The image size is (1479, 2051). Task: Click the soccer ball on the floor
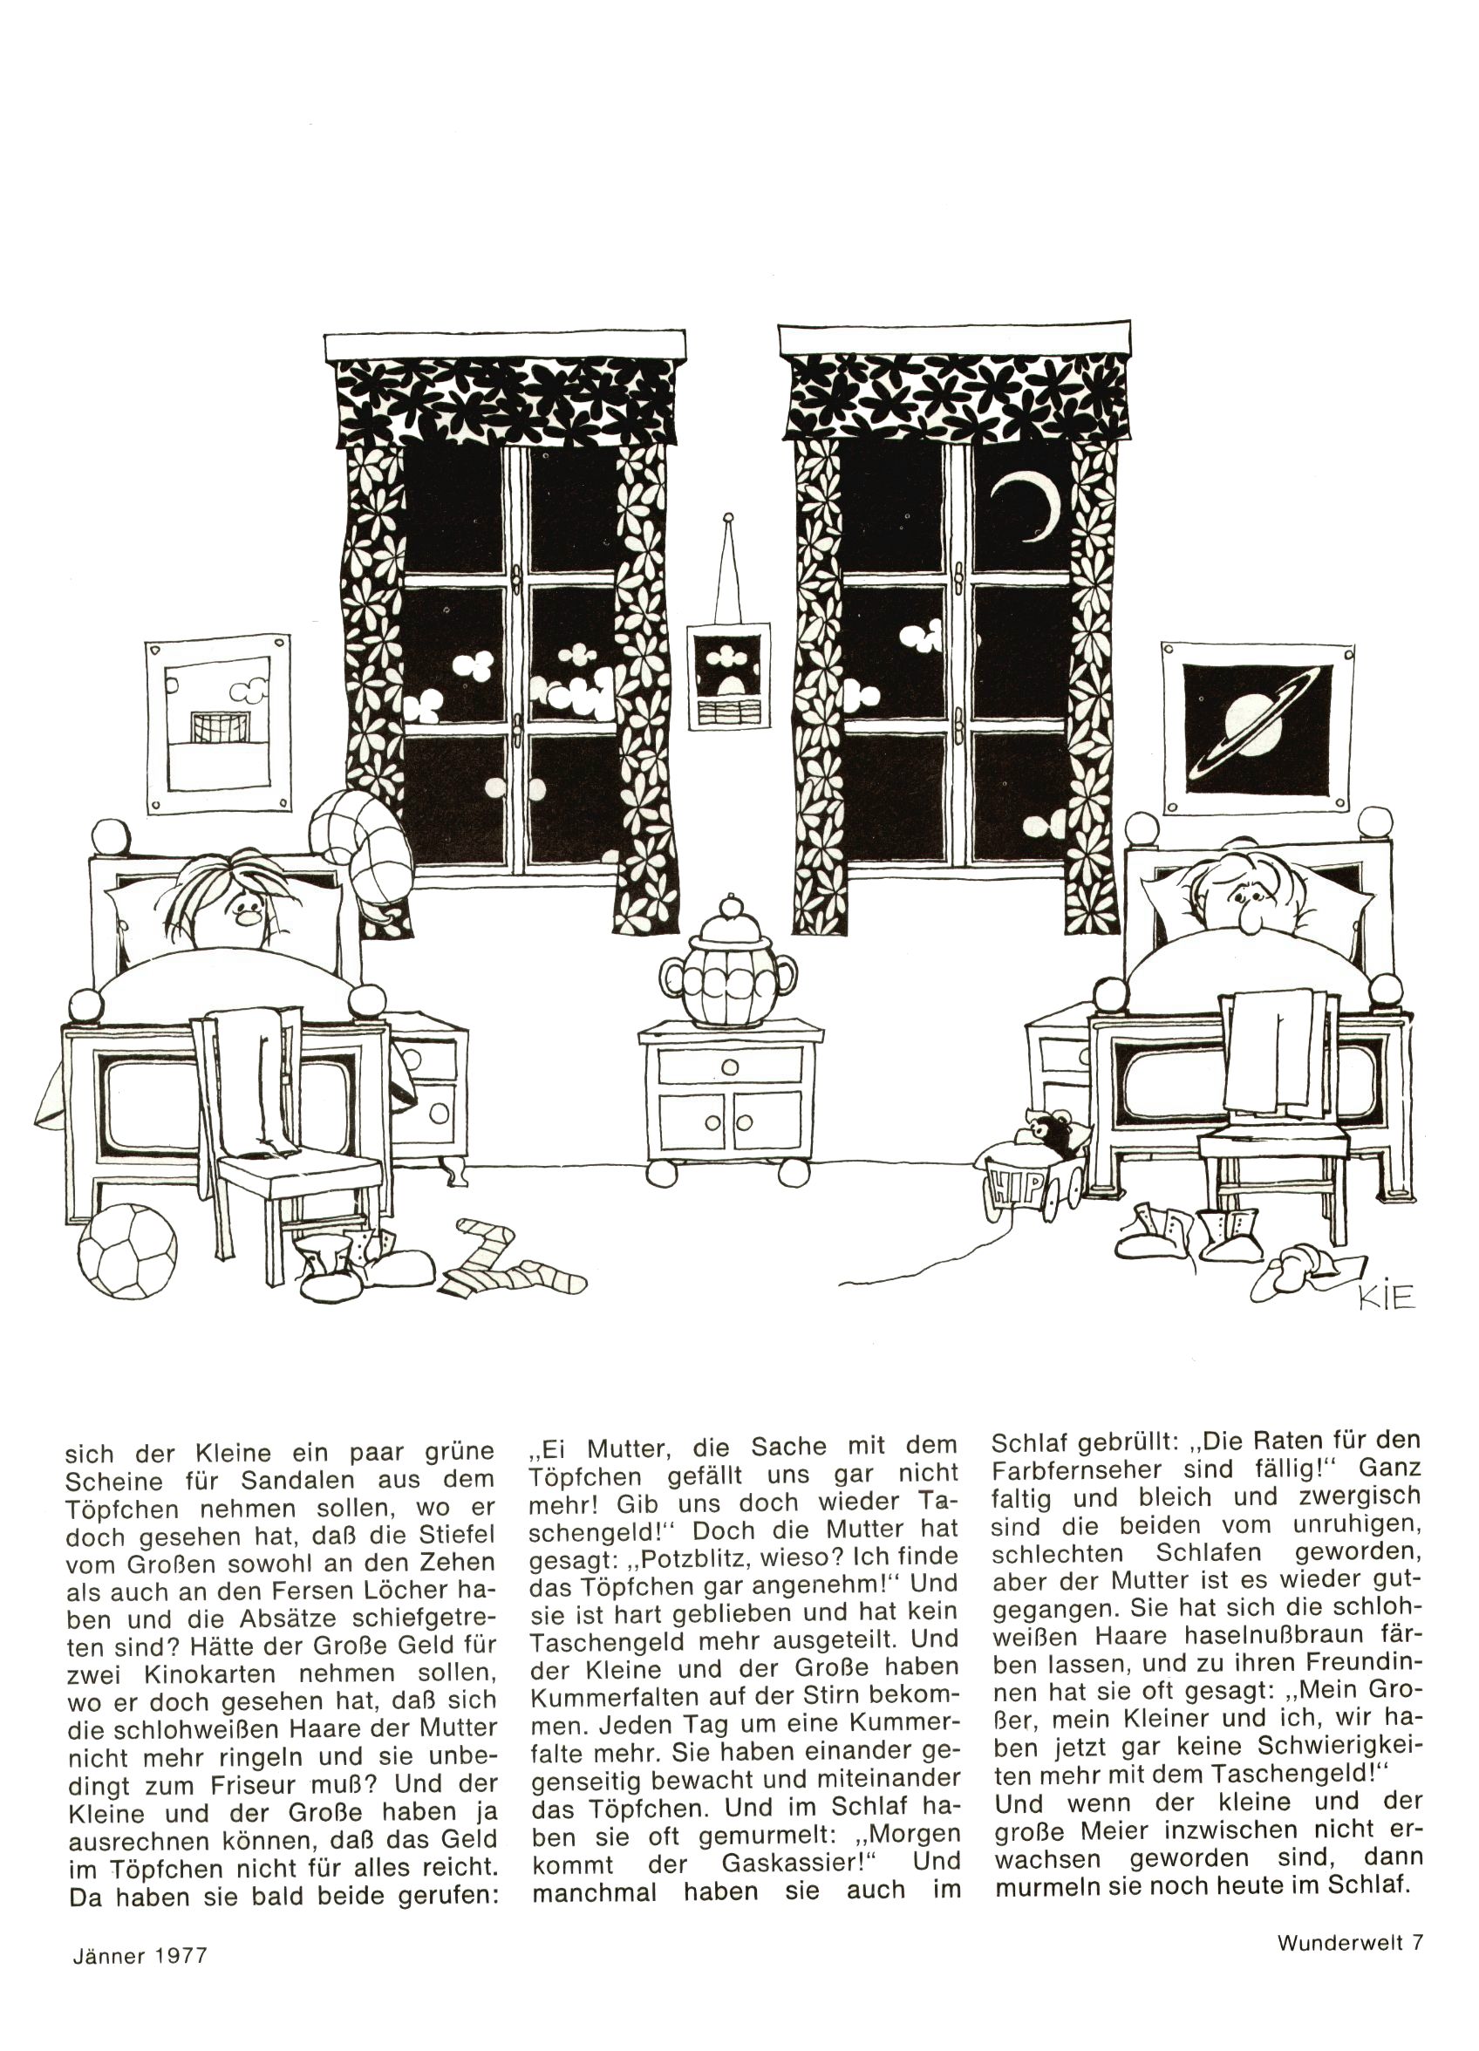(x=126, y=1251)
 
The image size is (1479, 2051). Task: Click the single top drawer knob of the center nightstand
(x=729, y=1067)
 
